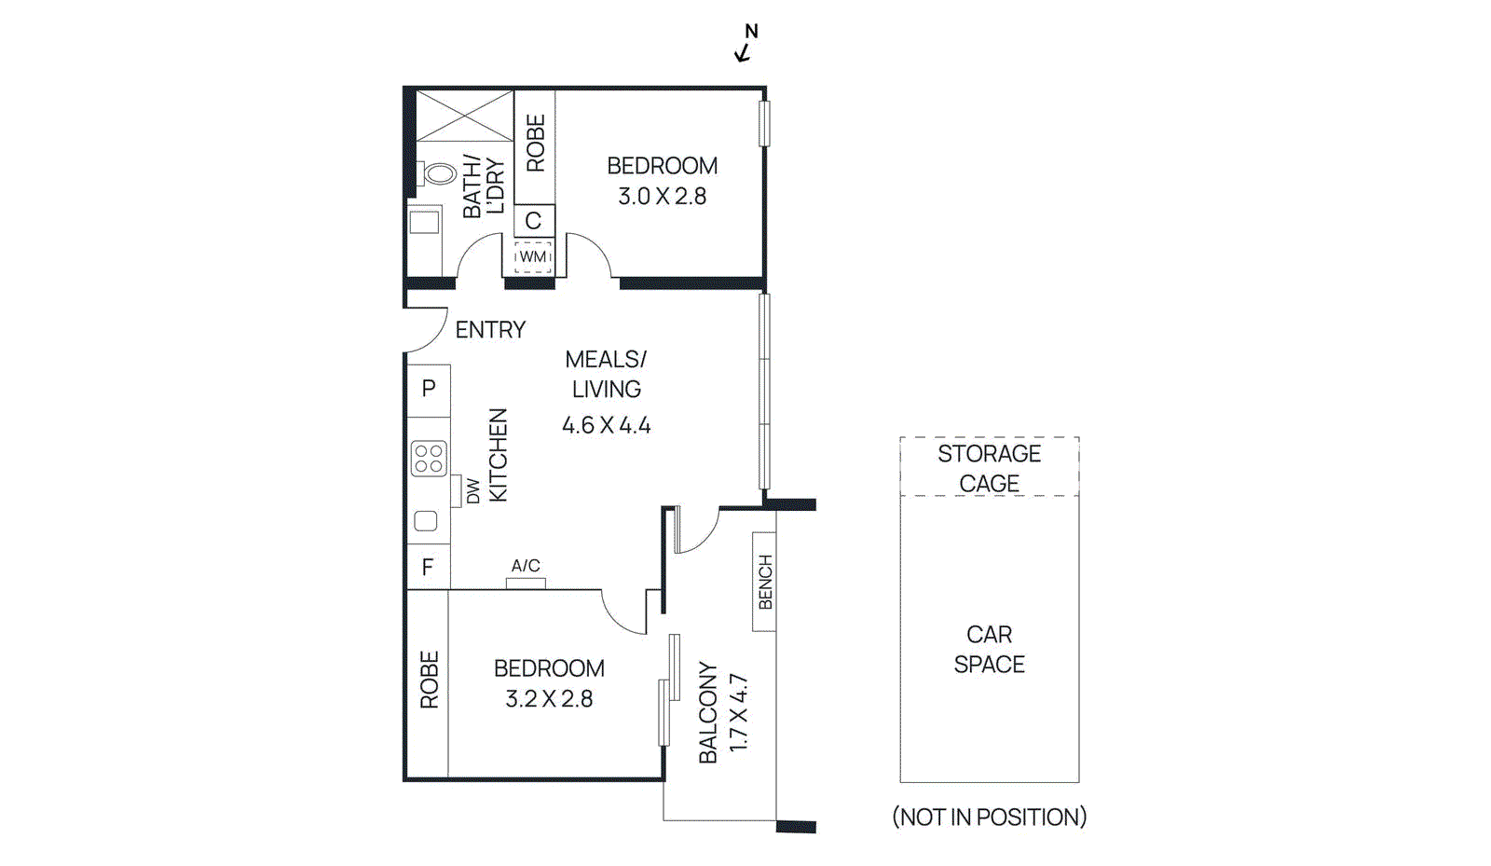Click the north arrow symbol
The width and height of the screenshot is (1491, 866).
745,45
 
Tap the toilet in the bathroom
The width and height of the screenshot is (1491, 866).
438,173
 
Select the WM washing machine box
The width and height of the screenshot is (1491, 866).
533,256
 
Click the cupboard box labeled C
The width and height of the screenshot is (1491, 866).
534,221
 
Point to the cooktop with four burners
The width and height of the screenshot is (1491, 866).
429,459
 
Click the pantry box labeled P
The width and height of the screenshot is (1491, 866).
429,389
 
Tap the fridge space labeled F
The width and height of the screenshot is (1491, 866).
428,567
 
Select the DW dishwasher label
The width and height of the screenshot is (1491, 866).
473,491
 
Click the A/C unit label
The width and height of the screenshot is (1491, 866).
526,566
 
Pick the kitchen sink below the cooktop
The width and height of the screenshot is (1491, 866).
426,521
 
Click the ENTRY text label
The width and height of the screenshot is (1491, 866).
490,330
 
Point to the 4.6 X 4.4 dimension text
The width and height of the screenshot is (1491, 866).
606,426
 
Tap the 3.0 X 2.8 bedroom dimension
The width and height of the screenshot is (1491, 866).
662,197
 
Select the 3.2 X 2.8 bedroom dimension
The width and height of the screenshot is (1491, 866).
549,699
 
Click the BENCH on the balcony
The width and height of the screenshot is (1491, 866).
765,583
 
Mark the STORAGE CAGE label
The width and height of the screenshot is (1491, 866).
989,468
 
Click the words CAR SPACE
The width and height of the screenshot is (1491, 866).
989,650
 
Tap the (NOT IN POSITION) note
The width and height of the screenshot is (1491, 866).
989,818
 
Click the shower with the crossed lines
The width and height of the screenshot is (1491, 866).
464,116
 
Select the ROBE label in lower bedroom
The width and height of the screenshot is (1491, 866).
429,680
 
